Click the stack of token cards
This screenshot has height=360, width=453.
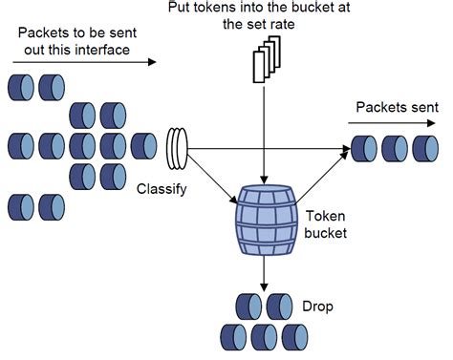click(265, 59)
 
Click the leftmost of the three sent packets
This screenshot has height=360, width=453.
click(364, 148)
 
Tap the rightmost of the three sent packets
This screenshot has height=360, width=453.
click(424, 148)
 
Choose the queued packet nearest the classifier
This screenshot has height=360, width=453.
click(143, 146)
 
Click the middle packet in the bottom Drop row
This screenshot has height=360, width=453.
click(264, 334)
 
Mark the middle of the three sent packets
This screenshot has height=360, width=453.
click(395, 148)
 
